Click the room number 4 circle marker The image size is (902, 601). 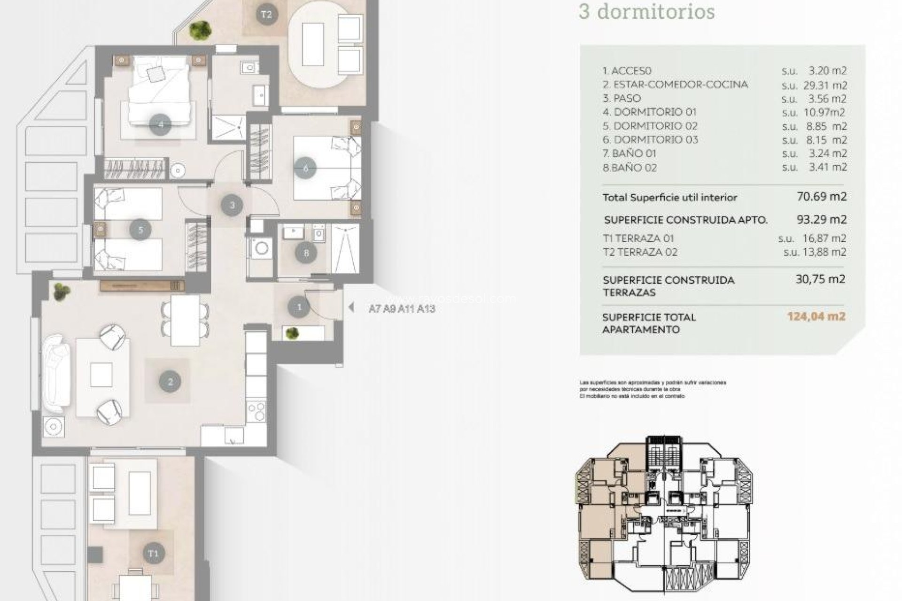(161, 125)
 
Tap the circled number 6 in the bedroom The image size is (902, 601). (305, 168)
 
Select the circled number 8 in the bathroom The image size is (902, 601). (306, 254)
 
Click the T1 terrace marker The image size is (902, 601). (153, 553)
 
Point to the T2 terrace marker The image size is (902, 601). (266, 15)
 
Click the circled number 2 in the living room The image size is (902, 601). (170, 382)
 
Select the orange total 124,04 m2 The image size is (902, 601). (816, 316)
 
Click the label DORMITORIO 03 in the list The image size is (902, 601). (656, 139)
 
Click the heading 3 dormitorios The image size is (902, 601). (646, 12)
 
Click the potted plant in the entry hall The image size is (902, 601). (292, 333)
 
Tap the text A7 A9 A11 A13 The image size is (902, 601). (402, 308)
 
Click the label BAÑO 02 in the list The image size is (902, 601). (630, 168)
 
